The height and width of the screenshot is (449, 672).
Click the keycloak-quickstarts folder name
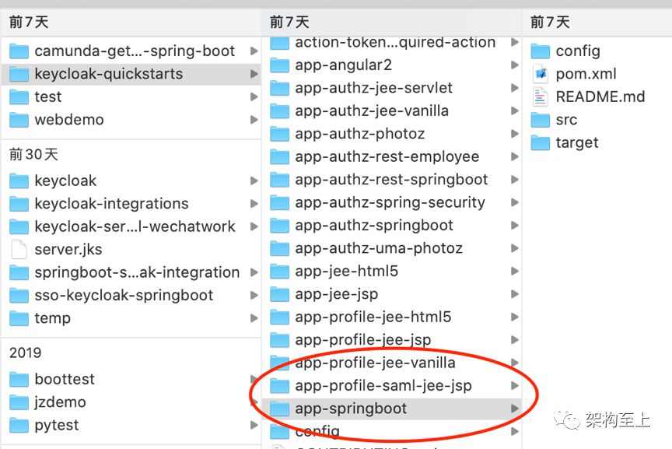pos(108,74)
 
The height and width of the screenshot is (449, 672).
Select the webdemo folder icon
pos(19,120)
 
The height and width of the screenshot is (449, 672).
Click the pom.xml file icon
pos(540,74)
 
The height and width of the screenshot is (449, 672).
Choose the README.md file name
pos(600,96)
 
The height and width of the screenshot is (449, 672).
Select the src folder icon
pos(540,120)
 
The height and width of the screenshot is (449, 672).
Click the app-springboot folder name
pos(351,409)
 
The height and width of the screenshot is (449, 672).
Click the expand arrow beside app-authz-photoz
pos(515,134)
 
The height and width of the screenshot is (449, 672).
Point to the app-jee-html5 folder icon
pos(279,272)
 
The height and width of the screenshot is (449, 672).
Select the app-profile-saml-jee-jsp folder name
pos(383,385)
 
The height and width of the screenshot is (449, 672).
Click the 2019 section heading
pos(26,353)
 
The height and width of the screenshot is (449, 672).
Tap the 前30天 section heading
pos(33,154)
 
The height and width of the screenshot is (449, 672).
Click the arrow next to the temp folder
pos(254,318)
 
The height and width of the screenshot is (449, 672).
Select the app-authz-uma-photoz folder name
pos(379,248)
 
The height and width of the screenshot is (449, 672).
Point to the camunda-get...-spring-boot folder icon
pos(19,51)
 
